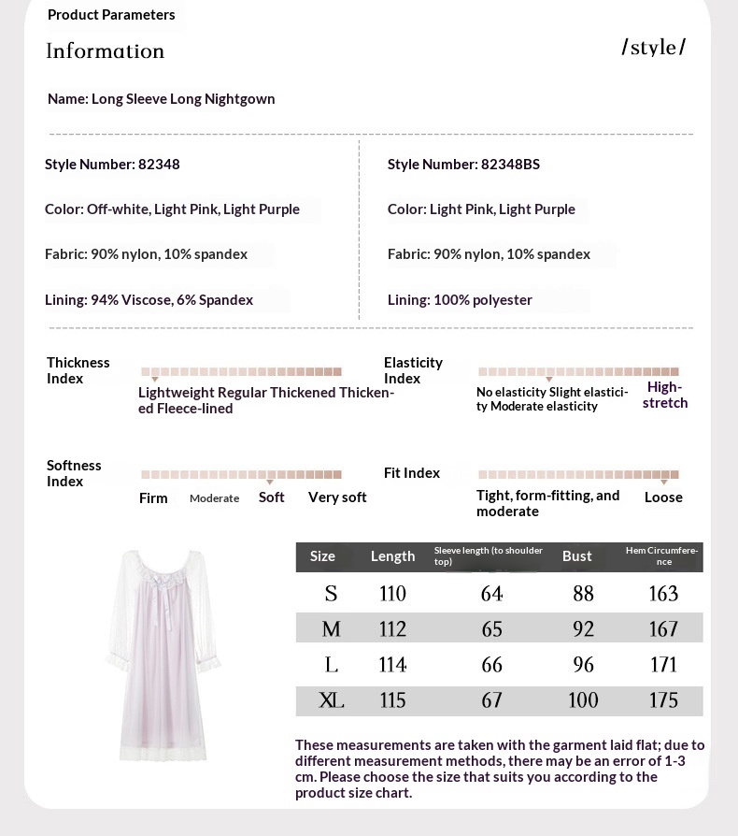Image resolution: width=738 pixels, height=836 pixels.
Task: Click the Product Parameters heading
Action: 111,15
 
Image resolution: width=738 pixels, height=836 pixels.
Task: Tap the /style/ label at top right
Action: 654,48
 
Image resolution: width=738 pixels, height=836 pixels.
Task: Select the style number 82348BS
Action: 463,165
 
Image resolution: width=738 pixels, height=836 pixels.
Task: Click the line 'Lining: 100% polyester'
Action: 460,300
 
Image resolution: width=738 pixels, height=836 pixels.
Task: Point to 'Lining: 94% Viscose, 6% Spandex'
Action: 149,300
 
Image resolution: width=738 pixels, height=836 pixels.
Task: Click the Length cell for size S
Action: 392,594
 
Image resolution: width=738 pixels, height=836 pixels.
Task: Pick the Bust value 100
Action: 583,699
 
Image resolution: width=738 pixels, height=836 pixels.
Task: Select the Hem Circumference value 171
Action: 663,665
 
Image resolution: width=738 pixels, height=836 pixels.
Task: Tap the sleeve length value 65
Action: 491,629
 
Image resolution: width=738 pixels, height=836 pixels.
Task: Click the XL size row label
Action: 331,699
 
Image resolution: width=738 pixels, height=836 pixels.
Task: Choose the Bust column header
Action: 577,556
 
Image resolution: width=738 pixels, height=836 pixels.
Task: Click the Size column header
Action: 322,556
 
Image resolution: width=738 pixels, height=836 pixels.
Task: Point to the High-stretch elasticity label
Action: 665,395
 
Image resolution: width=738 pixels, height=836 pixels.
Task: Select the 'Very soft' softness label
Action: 337,497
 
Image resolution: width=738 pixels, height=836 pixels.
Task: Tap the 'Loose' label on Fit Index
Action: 663,497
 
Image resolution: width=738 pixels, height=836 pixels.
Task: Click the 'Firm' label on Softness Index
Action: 153,498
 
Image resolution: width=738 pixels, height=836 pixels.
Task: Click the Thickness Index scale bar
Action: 241,371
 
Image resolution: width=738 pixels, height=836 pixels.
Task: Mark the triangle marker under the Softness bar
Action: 270,483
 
